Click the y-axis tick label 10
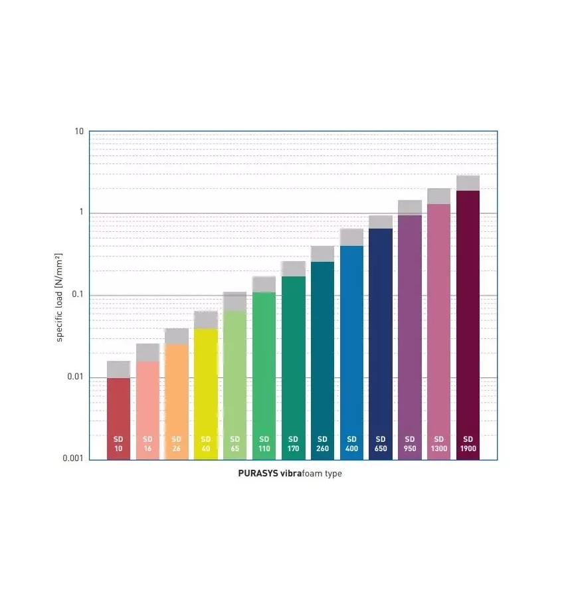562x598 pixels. point(79,132)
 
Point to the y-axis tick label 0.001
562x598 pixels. point(72,459)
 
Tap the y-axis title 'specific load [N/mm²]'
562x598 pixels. point(59,297)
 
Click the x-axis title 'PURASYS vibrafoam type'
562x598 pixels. point(290,474)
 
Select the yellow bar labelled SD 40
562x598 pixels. point(206,385)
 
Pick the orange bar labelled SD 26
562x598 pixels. point(177,392)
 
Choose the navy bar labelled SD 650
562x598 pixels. point(381,332)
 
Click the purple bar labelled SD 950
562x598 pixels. point(410,326)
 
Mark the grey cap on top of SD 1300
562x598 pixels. point(439,196)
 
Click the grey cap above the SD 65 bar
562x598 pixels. point(235,302)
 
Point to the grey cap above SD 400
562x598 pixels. point(351,237)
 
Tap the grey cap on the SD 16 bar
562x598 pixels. point(147,352)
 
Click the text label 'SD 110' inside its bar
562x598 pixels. point(264,444)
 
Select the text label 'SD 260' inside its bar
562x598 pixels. point(322,444)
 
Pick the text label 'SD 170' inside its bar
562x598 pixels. point(293,444)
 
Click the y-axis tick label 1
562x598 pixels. point(81,213)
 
